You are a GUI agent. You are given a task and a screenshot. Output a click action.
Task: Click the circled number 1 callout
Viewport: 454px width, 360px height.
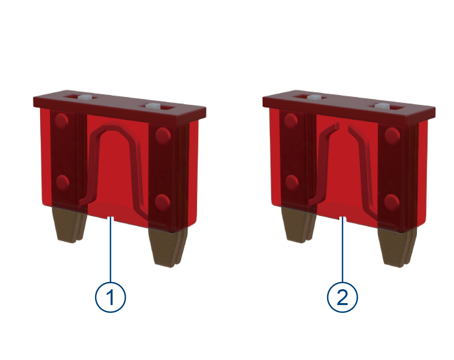point(110,297)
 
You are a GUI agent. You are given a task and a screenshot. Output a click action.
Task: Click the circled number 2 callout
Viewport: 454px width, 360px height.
point(342,297)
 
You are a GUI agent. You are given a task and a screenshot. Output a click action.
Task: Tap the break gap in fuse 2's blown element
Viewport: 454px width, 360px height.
point(344,126)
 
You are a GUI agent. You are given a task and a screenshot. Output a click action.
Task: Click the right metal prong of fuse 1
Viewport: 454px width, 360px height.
point(168,247)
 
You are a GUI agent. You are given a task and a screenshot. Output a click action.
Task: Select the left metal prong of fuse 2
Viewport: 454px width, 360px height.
point(298,224)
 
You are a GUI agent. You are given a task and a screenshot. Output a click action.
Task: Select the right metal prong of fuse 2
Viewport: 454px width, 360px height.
point(397,247)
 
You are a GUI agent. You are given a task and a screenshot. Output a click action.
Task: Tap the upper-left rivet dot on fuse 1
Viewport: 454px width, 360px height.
point(62,121)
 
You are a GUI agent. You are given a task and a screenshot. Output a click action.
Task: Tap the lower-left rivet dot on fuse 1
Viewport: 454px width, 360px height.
point(63,183)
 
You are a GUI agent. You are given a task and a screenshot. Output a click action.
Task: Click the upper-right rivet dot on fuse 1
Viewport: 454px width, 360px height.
point(163,135)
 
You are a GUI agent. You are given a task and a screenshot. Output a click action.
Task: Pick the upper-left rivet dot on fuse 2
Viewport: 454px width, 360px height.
point(291,121)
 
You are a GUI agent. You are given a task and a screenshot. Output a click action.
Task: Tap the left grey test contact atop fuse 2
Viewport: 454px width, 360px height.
point(314,98)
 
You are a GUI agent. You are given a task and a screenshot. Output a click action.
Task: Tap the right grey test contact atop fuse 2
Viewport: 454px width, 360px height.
point(382,106)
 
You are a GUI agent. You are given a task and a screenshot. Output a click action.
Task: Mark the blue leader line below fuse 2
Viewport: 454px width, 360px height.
point(342,250)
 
